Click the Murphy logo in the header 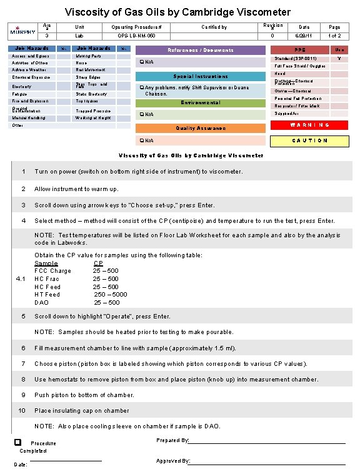[22, 31]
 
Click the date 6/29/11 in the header [304, 36]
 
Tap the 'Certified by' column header [214, 27]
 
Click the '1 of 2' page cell [335, 36]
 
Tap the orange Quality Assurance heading [201, 128]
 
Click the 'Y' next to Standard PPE [339, 59]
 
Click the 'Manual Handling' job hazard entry [28, 117]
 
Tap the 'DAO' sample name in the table [41, 303]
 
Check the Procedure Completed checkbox [17, 443]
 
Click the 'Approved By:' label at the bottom [173, 461]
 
